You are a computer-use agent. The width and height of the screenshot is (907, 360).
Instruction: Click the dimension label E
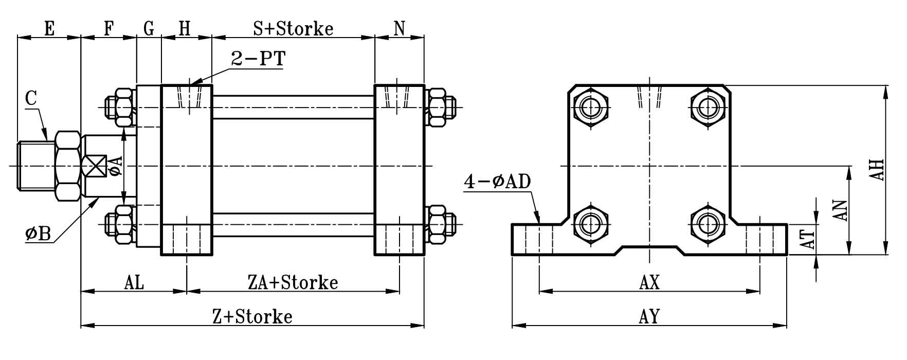tap(49, 29)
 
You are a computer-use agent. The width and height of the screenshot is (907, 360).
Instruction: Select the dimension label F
tap(108, 29)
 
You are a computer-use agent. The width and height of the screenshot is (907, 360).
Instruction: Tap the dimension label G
tap(149, 29)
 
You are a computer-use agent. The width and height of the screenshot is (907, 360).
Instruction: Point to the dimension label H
tap(185, 29)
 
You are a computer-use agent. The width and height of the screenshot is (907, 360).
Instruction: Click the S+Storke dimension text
tap(293, 29)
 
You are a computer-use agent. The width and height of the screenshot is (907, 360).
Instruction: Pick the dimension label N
tap(400, 29)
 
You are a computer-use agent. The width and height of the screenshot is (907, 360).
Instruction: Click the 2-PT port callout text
tap(258, 59)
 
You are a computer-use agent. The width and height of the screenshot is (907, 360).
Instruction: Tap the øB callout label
tap(38, 235)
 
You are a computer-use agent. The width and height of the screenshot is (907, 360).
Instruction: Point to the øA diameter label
tap(116, 166)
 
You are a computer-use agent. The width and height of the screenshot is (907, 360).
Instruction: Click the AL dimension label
tap(134, 282)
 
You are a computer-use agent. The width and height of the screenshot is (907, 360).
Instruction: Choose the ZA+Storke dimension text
tap(293, 282)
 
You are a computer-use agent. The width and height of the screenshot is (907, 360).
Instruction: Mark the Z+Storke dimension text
tap(252, 316)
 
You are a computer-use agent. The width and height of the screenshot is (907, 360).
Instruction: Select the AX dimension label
tap(649, 282)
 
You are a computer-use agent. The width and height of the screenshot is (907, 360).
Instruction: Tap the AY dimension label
tap(649, 316)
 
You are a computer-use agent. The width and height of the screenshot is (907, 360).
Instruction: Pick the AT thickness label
tap(809, 239)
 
